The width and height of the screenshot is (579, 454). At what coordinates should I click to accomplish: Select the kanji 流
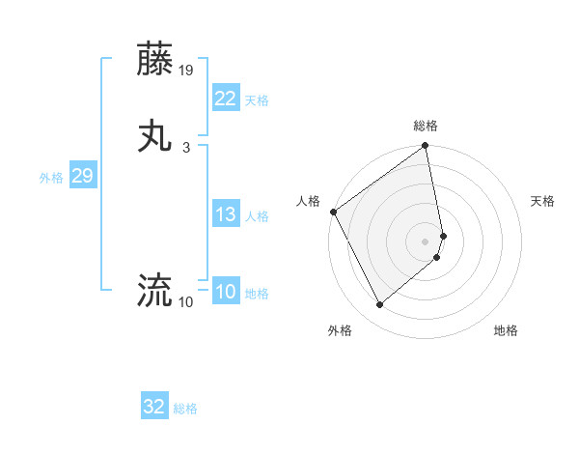[x=156, y=288]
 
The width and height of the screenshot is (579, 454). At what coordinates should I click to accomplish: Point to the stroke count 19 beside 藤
[x=186, y=71]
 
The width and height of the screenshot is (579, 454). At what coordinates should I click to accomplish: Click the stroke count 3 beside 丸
[x=186, y=147]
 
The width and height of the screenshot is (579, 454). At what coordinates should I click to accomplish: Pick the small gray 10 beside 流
[x=186, y=302]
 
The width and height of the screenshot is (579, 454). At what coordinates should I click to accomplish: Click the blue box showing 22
[x=225, y=99]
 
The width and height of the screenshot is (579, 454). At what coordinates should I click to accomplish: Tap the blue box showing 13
[x=225, y=215]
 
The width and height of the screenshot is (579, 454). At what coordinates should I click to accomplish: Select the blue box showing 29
[x=82, y=177]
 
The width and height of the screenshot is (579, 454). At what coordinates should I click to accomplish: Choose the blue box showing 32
[x=154, y=407]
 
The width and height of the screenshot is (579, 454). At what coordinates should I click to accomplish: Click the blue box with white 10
[x=225, y=293]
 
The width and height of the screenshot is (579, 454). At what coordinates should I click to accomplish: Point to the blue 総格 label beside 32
[x=185, y=409]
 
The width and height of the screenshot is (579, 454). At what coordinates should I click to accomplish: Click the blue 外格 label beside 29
[x=51, y=178]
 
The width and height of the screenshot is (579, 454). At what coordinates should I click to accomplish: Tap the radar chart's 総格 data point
[x=426, y=147]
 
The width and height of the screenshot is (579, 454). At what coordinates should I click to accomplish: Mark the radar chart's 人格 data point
[x=333, y=212]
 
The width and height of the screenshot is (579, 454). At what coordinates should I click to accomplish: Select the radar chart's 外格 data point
[x=379, y=305]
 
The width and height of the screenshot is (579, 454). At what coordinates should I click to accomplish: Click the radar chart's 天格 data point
[x=443, y=235]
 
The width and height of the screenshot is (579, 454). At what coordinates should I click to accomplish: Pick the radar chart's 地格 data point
[x=437, y=257]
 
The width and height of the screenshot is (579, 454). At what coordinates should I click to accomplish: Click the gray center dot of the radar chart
[x=426, y=241]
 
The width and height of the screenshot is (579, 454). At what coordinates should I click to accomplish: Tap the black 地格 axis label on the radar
[x=506, y=330]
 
